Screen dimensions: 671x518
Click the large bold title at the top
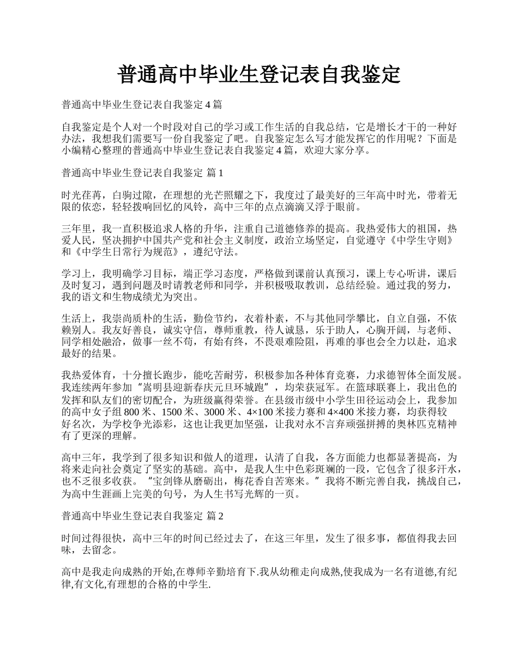point(259,75)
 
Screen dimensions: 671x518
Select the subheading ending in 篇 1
point(143,173)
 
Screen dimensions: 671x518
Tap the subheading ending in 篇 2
point(143,516)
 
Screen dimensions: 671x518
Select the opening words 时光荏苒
point(81,195)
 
